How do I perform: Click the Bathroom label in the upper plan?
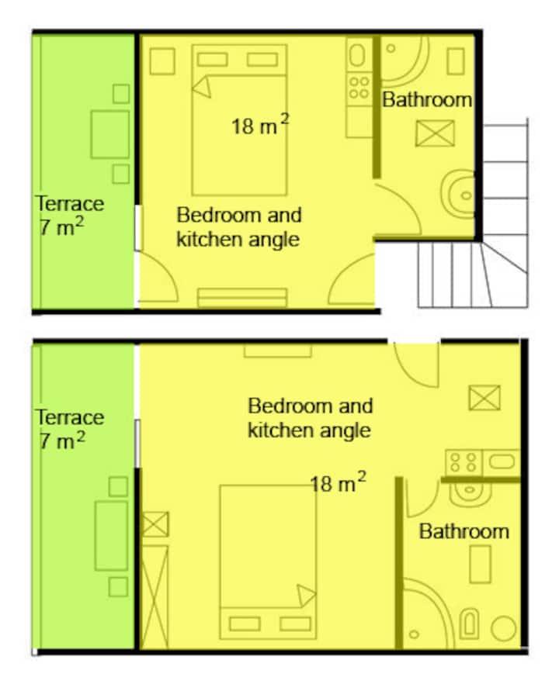(427, 100)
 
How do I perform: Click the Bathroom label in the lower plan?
(464, 531)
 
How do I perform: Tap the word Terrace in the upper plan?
(70, 203)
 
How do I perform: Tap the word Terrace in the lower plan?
(70, 417)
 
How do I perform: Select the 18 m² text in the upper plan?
(260, 125)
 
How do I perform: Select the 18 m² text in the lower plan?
(338, 482)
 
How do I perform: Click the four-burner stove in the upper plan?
(359, 88)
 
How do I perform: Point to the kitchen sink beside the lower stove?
(502, 461)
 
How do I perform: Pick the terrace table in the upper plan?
(110, 134)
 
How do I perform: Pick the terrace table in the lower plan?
(111, 536)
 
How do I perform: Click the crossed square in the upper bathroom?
(435, 133)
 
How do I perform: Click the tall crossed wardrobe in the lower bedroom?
(155, 596)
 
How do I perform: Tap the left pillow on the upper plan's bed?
(212, 59)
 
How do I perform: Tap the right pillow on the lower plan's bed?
(295, 624)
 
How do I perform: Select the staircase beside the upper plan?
(473, 214)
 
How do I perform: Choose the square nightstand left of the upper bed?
(162, 61)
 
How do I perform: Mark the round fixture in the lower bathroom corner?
(504, 628)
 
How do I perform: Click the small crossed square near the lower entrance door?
(484, 397)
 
